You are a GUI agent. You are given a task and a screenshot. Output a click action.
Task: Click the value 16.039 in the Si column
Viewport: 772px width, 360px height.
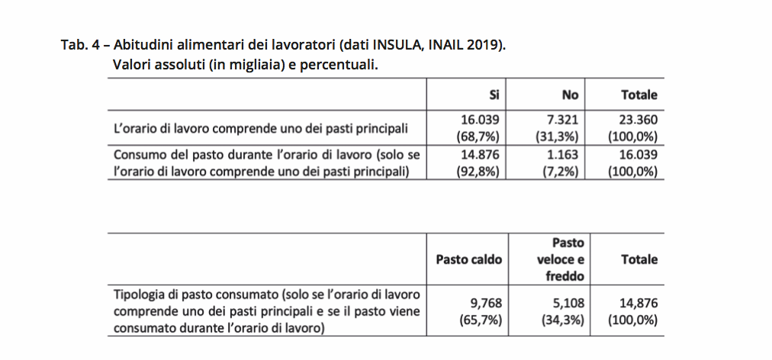click(481, 120)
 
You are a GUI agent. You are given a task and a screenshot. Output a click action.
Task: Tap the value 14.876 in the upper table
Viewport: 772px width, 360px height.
click(481, 155)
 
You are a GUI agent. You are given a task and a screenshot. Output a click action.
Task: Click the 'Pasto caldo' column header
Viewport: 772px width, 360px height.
click(469, 260)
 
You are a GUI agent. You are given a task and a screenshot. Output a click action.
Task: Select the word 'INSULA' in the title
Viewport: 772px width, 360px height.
click(394, 44)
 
